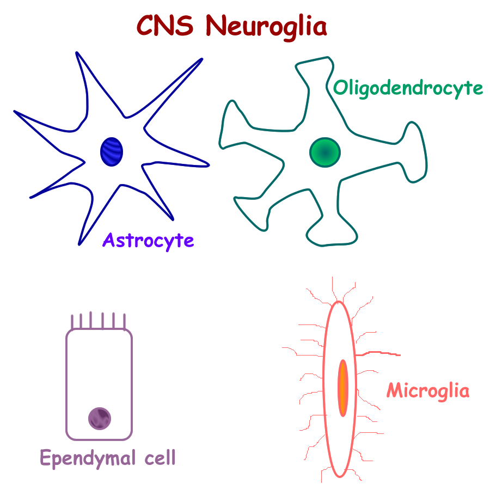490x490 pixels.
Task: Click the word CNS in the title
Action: coord(166,25)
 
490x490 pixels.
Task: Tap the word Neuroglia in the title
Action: coord(267,26)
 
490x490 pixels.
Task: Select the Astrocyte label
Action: coord(148,240)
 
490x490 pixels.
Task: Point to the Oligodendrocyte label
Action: coord(408,88)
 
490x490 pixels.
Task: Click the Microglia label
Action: coord(428,390)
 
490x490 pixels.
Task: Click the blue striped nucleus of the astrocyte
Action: coord(112,151)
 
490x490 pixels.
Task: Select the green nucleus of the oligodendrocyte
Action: coord(325,152)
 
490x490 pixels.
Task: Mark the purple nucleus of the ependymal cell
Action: coord(100,419)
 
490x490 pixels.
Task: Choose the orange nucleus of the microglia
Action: coord(343,388)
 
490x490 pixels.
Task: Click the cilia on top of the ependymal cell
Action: coord(98,322)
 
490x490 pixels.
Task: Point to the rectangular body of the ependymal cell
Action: coord(99,370)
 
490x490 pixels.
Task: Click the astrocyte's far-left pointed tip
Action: coord(17,113)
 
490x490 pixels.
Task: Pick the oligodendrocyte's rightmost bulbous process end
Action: coord(416,152)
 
